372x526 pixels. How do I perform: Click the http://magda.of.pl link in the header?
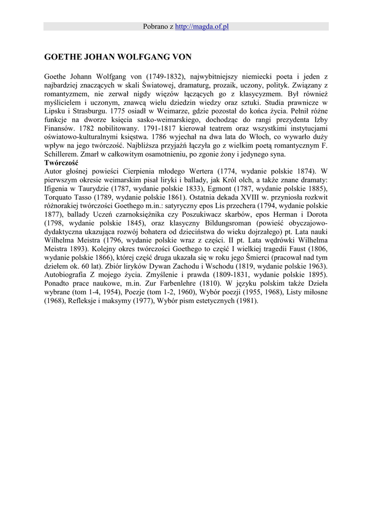pos(201,26)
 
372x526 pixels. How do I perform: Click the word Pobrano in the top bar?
pos(155,26)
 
